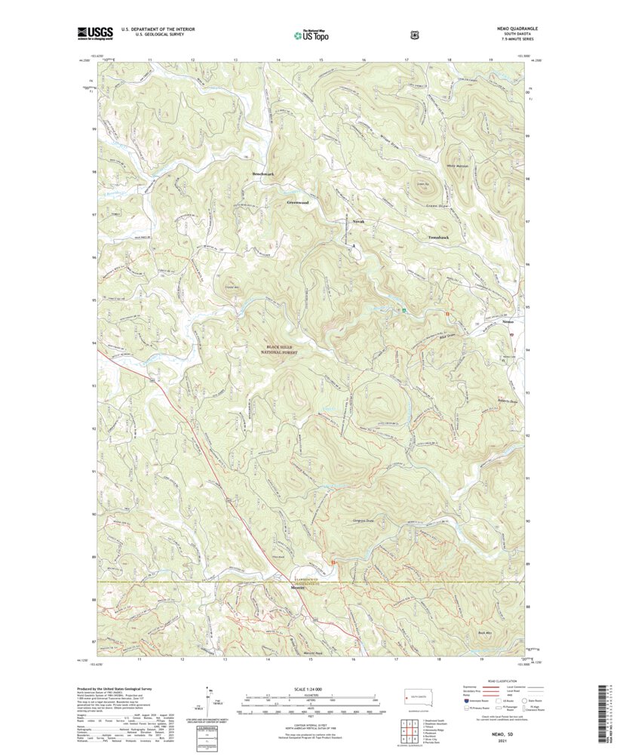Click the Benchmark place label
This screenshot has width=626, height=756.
[x=262, y=175]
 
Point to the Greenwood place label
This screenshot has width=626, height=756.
[x=299, y=202]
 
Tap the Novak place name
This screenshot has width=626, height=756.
[x=358, y=221]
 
